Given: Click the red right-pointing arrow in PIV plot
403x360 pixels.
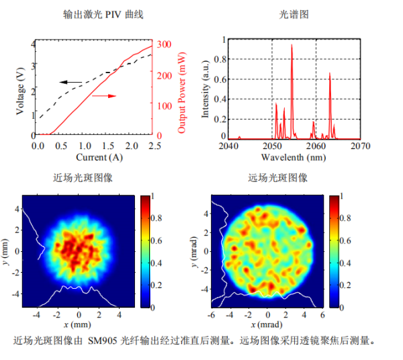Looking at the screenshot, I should [103, 96].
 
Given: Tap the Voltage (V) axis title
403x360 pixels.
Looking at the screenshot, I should [21, 91].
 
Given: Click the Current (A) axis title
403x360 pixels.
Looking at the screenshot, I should [91, 157].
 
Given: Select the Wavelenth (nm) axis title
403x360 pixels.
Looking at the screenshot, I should [294, 157].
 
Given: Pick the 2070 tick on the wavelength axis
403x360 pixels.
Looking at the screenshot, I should [360, 145].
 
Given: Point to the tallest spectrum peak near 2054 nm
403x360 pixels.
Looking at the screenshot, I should [292, 47].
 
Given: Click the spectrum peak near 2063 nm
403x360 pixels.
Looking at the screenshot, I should [330, 75].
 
